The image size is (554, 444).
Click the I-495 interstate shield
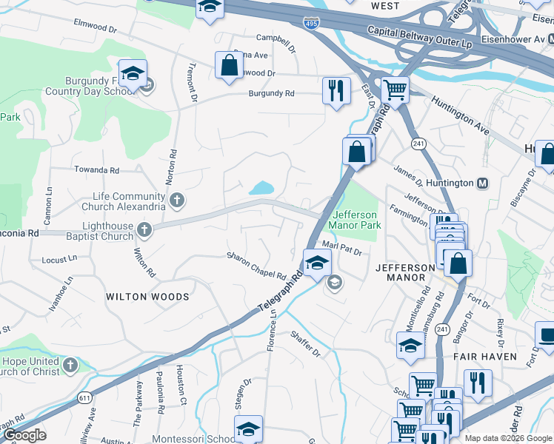pos(311,24)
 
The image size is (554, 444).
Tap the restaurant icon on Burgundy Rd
pos(336,90)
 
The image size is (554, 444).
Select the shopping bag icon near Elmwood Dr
pos(229,65)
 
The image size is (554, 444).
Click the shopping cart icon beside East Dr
pos(395,90)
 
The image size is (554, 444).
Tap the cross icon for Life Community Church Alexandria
pos(176,200)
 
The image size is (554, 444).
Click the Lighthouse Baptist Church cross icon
pos(144,230)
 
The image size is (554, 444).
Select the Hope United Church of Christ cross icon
pos(70,365)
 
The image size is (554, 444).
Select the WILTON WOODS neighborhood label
pos(147,297)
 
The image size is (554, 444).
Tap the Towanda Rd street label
pos(96,170)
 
